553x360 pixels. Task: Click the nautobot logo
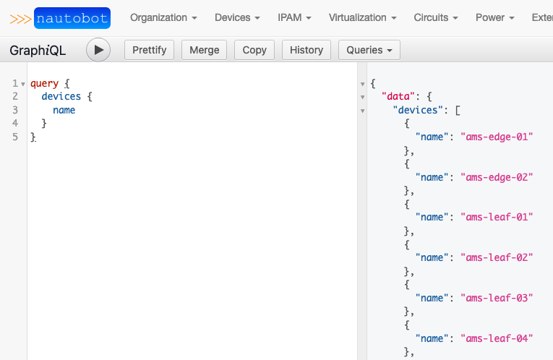tap(60, 18)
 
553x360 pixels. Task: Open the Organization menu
tap(163, 17)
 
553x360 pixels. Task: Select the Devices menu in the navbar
tap(237, 17)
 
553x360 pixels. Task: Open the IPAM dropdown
tap(294, 17)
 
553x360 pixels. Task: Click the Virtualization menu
tap(363, 17)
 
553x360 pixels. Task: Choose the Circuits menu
tap(436, 17)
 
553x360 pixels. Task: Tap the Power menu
tap(495, 17)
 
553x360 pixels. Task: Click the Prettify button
tap(149, 50)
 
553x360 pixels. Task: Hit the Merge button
tap(204, 50)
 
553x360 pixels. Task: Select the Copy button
tap(254, 50)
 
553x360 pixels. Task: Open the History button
tap(306, 50)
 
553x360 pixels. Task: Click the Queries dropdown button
tap(369, 50)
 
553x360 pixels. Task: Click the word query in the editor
tap(44, 84)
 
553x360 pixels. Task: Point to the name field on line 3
tap(64, 110)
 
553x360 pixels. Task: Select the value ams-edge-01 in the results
tap(497, 137)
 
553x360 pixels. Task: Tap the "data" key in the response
tap(398, 96)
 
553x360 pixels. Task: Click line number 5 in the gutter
tap(15, 137)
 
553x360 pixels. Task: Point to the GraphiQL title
tap(38, 51)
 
